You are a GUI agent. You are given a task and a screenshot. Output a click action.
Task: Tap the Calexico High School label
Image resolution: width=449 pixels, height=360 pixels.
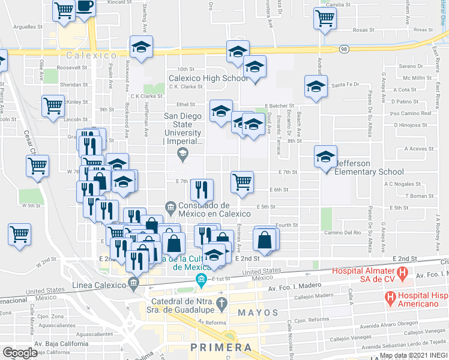coord(208,78)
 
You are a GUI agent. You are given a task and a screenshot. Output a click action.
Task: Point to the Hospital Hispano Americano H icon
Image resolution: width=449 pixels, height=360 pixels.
coord(390,296)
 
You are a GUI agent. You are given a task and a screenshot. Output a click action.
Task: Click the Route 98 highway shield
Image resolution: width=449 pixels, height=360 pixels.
coord(343,49)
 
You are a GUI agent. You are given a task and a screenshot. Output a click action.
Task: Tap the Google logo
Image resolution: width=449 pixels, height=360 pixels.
coord(20,352)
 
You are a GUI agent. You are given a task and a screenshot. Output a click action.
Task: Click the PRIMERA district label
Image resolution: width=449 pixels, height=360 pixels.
coord(220,347)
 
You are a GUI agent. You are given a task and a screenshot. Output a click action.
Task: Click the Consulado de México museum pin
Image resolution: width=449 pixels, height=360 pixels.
coord(171,208)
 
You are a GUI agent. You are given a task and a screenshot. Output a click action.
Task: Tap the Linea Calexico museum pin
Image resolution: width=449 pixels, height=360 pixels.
coord(134,282)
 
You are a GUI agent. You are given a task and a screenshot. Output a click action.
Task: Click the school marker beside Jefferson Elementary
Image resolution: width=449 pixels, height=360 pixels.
coord(325,157)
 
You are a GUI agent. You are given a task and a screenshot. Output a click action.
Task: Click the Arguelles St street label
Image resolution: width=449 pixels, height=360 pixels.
coord(28,27)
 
